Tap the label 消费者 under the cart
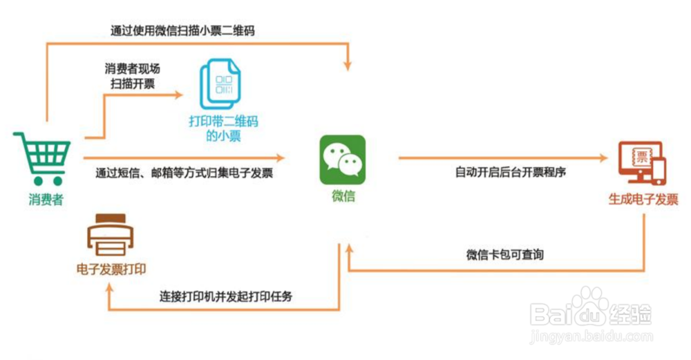pos(46,200)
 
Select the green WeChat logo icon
pos(342,160)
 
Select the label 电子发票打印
pos(111,269)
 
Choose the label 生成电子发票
pos(643,200)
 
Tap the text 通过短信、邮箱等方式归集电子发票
pos(184,173)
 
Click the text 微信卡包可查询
pos(504,255)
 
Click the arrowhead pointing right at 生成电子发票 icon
pos(606,158)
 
